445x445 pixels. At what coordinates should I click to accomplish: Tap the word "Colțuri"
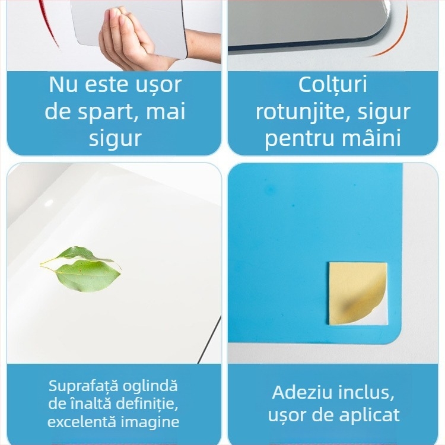(333, 85)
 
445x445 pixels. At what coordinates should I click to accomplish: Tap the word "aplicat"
(371, 415)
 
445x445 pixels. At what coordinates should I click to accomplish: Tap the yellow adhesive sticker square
(358, 293)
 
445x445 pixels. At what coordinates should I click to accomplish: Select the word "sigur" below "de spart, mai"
(115, 138)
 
